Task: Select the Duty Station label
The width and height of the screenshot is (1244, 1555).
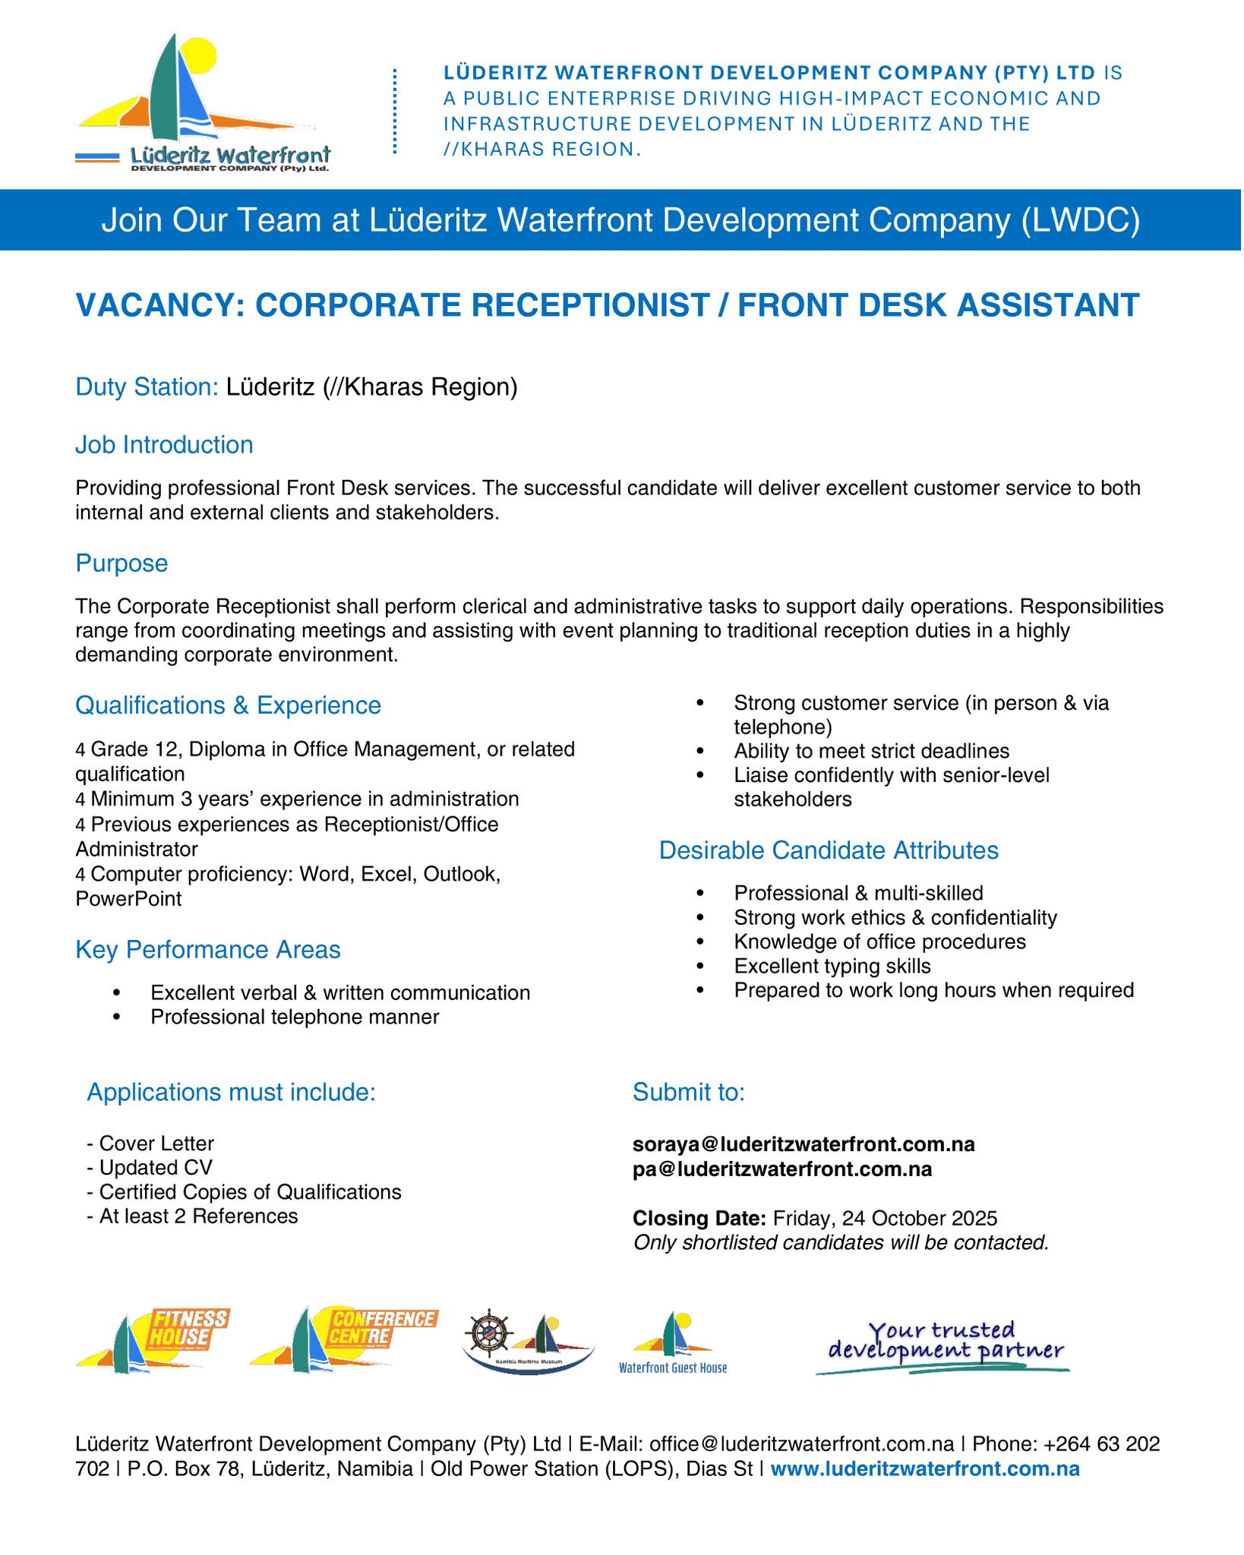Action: (147, 387)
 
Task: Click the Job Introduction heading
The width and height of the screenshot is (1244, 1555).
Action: (164, 444)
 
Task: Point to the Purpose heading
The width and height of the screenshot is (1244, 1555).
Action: (122, 563)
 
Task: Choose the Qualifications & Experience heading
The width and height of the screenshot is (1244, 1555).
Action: (228, 705)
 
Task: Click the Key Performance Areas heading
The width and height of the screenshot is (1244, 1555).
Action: (207, 950)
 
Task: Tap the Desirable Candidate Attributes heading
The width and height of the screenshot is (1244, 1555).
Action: (828, 850)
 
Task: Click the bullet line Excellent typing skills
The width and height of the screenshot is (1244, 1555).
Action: (832, 966)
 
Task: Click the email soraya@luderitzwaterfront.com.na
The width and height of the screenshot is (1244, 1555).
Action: (804, 1143)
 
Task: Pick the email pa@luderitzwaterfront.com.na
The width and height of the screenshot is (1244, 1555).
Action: (782, 1169)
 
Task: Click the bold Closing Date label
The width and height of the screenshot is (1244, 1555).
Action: (699, 1219)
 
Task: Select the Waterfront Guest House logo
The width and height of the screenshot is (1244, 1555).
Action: (673, 1343)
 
